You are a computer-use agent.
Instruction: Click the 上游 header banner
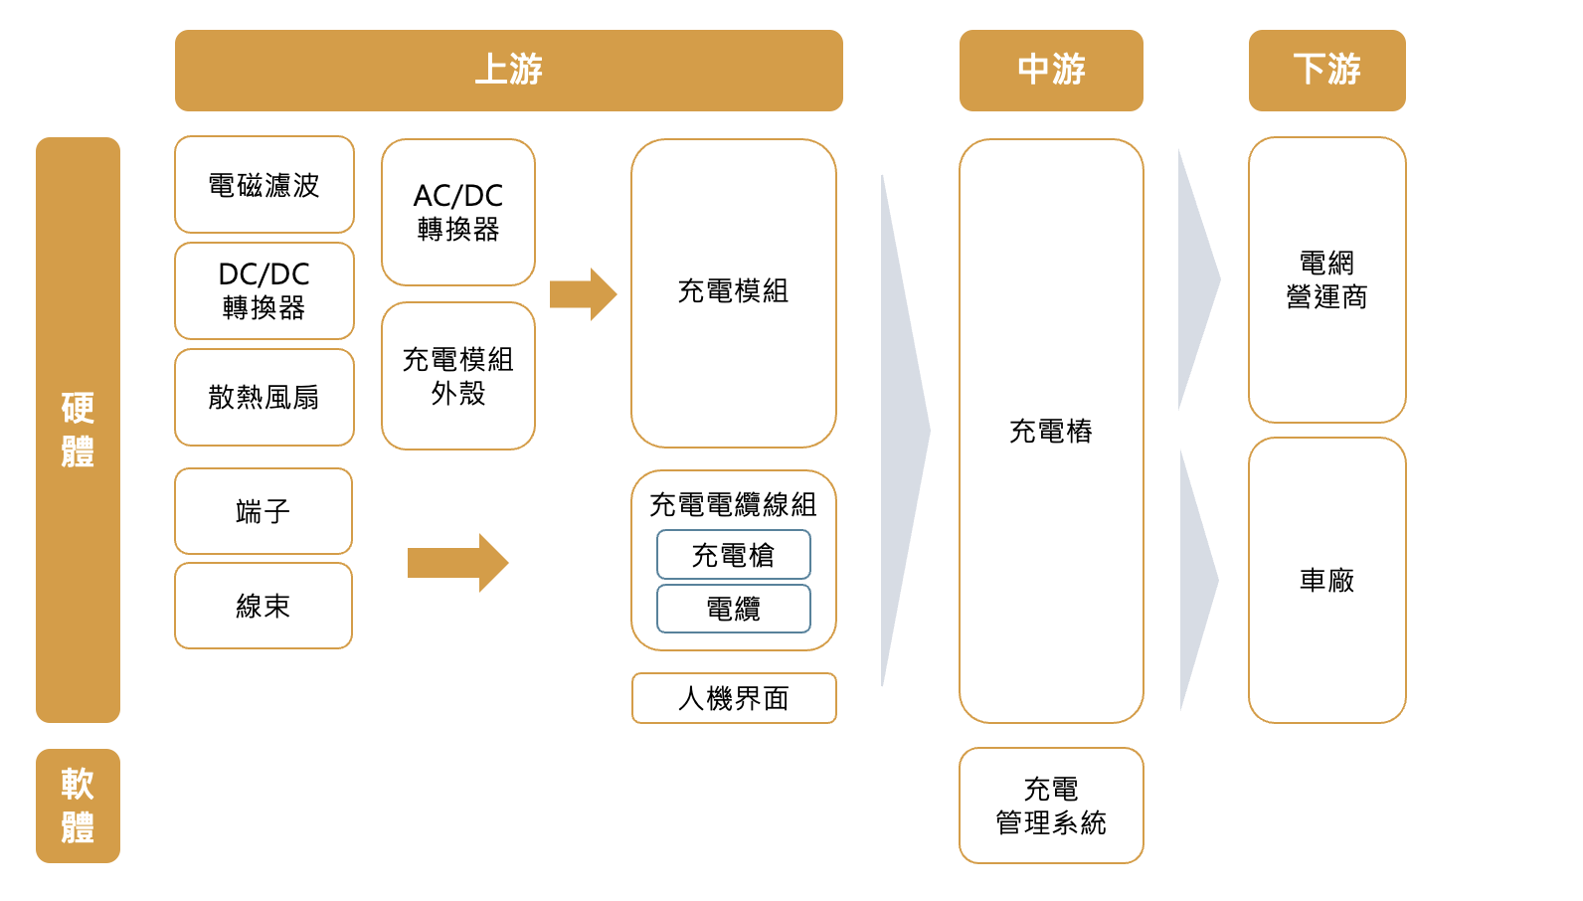(x=508, y=70)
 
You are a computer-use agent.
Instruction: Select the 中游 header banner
(x=1051, y=70)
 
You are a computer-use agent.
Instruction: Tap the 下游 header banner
(x=1326, y=70)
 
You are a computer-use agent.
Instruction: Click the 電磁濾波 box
(x=264, y=185)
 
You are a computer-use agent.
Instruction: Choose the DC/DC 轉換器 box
(x=264, y=290)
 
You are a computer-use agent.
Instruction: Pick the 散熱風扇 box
(x=264, y=397)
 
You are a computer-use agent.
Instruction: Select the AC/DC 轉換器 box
(x=457, y=212)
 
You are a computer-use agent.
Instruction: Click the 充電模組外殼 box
(x=457, y=376)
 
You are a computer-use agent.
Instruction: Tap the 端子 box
(x=264, y=511)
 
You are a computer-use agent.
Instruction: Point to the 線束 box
(x=264, y=606)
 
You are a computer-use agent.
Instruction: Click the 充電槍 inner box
(x=733, y=555)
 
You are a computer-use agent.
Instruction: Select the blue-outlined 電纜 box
(x=733, y=609)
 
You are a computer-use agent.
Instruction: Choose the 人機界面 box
(x=733, y=698)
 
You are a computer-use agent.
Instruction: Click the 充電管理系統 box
(x=1051, y=806)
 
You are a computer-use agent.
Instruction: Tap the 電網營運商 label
(x=1326, y=279)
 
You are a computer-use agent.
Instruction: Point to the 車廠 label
(x=1326, y=580)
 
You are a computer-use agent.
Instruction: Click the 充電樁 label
(x=1051, y=431)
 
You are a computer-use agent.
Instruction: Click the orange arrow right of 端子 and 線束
(x=457, y=563)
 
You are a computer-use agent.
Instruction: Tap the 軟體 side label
(x=78, y=806)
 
